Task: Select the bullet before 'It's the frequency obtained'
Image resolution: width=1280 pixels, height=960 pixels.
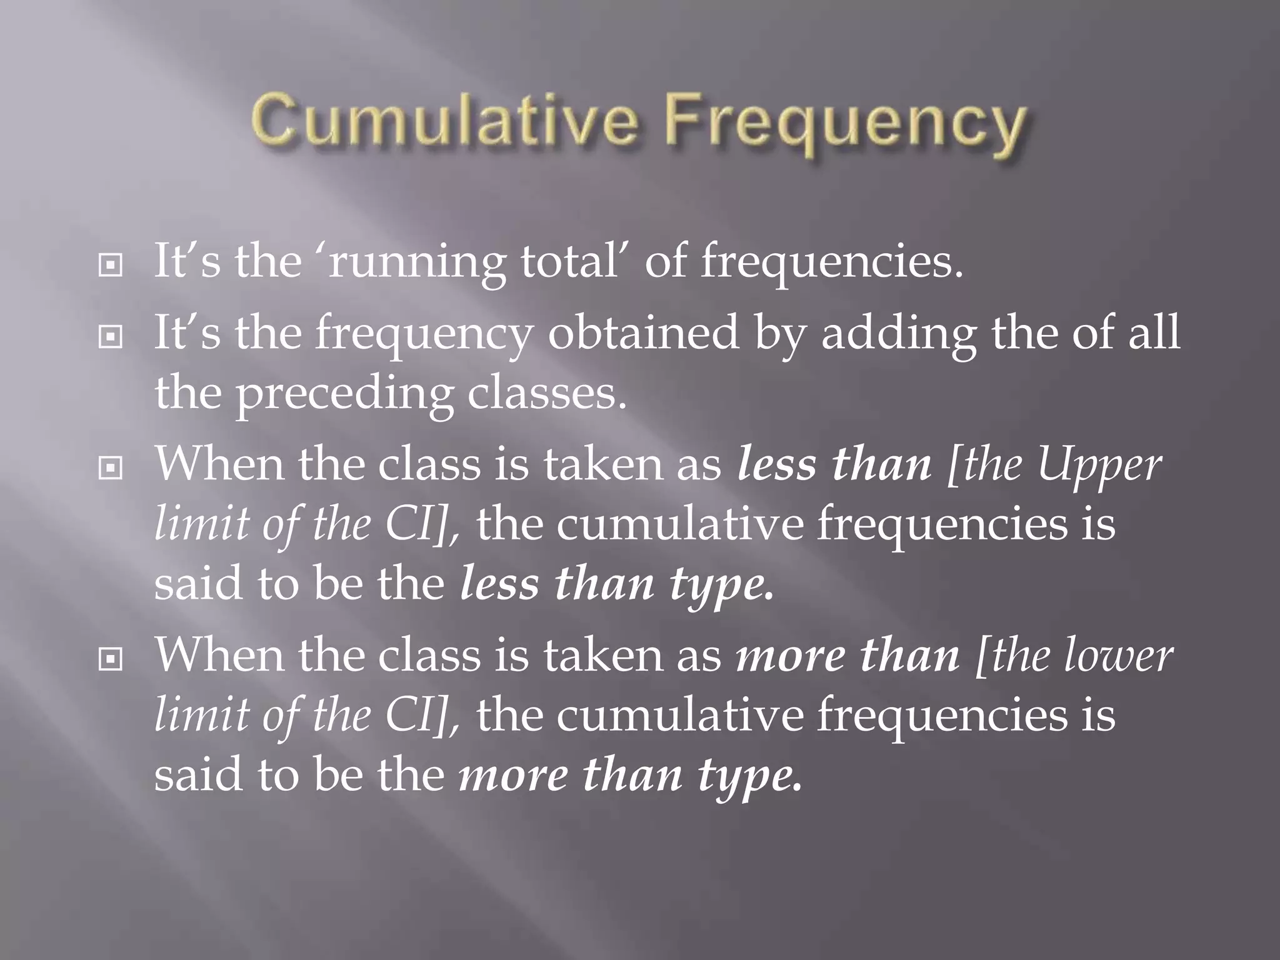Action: point(111,337)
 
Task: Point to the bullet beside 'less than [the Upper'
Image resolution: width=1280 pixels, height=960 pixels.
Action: point(111,467)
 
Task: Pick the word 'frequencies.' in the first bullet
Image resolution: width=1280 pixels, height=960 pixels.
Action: point(832,262)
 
